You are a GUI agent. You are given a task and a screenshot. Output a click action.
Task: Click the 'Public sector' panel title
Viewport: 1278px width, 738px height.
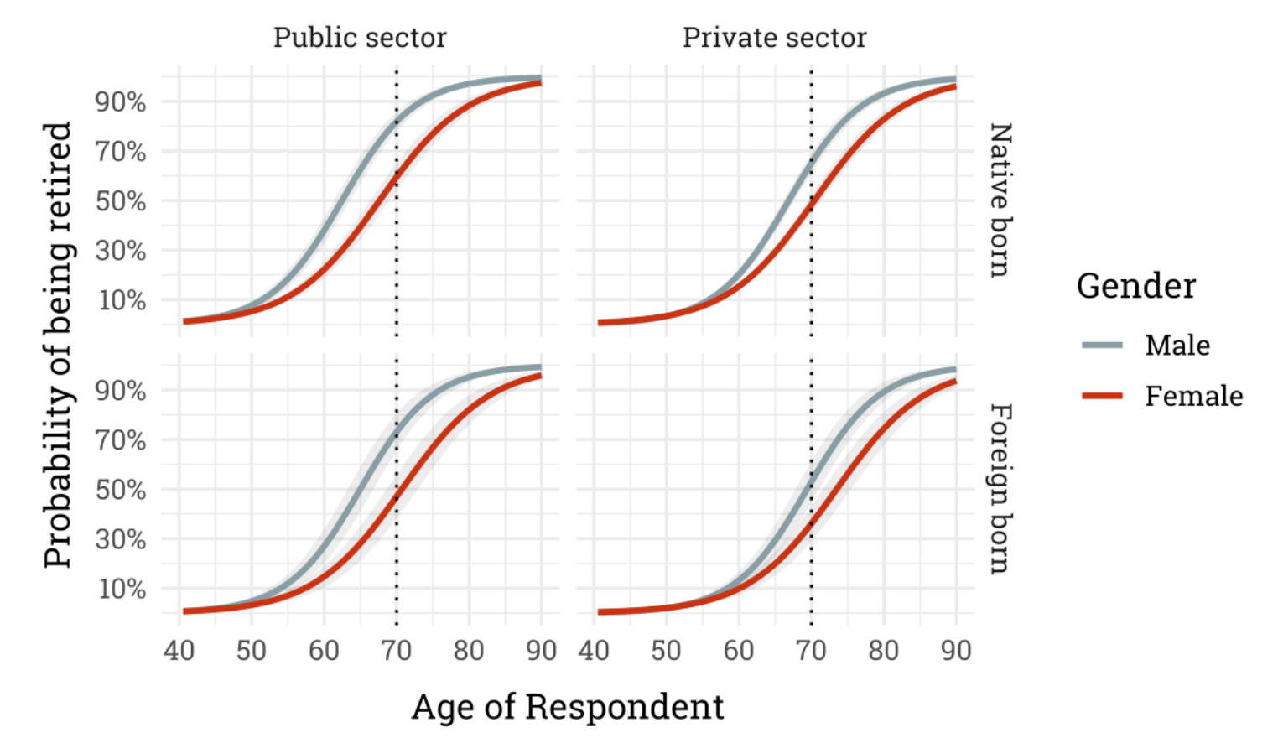point(360,38)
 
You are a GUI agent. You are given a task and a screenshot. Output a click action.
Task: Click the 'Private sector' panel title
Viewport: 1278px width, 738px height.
point(774,38)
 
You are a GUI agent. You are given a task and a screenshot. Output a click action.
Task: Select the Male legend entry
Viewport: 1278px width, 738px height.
point(1177,346)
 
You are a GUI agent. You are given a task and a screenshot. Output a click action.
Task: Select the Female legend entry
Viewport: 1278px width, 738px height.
point(1193,396)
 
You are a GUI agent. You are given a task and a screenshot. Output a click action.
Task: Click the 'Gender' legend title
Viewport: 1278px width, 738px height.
point(1135,286)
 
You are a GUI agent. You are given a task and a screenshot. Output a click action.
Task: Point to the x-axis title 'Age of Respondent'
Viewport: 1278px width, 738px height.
point(568,707)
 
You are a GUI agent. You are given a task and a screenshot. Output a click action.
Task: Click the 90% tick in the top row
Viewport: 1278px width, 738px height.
point(121,102)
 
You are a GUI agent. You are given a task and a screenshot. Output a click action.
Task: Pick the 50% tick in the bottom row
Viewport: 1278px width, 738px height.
point(121,490)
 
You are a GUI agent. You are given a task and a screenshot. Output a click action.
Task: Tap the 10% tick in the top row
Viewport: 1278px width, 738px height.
point(122,300)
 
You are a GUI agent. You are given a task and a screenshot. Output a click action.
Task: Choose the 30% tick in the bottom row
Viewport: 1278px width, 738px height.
point(121,539)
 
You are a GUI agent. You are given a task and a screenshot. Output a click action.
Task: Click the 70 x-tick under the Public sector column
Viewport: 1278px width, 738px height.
point(396,651)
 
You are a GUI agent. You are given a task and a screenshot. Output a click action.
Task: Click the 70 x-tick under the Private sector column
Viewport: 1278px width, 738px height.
point(811,651)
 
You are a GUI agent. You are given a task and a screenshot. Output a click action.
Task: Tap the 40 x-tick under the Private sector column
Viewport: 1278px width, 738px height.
point(594,651)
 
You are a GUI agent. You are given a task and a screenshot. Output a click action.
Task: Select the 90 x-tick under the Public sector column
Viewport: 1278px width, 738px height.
point(542,651)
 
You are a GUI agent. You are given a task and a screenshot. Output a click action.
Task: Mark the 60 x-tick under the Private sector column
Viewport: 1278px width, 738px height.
point(739,651)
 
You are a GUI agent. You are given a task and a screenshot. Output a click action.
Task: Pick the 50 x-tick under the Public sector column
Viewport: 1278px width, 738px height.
point(251,651)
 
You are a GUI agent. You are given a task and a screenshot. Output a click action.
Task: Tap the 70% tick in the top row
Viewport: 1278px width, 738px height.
point(121,152)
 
